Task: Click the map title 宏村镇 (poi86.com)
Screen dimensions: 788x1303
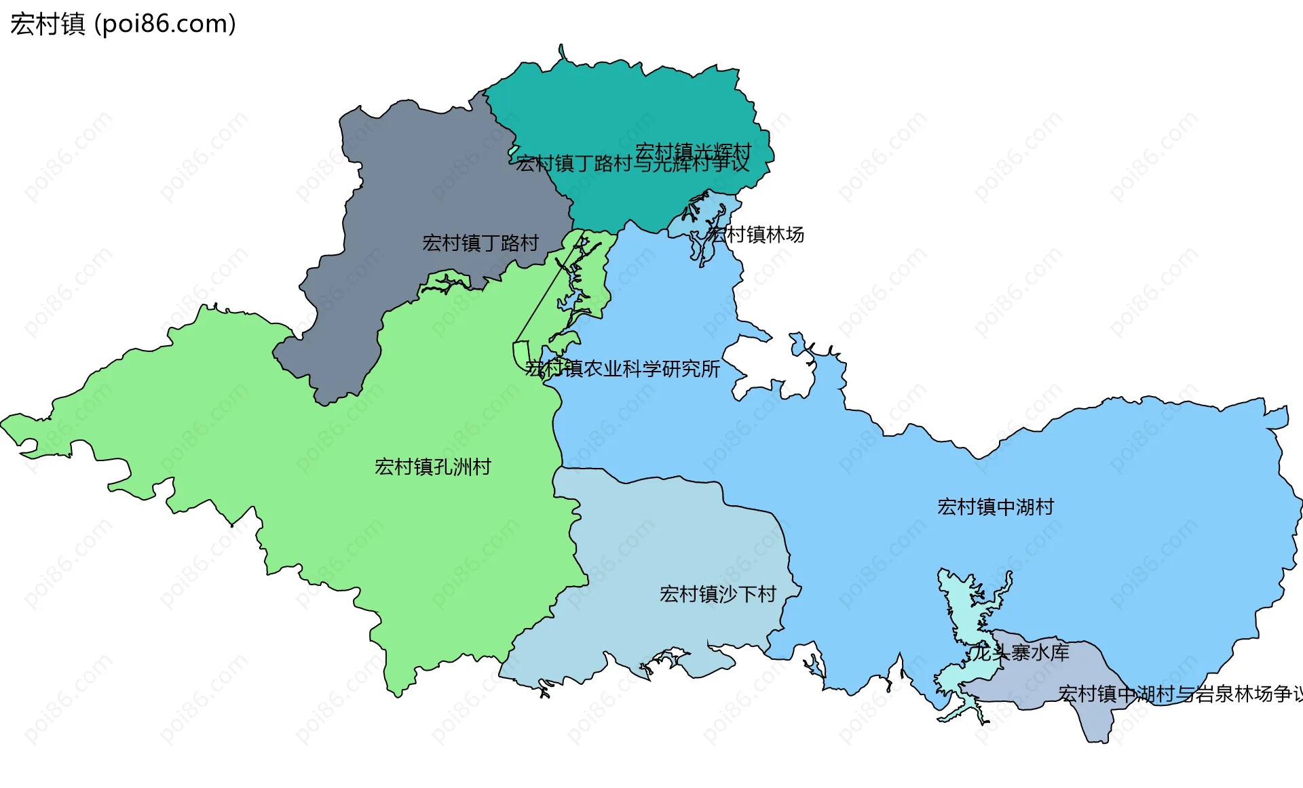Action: (122, 24)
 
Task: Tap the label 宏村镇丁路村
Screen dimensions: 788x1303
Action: (480, 243)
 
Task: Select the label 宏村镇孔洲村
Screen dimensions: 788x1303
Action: (432, 467)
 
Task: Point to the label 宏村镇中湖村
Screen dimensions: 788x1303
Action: (995, 507)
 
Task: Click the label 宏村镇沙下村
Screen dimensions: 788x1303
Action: (717, 594)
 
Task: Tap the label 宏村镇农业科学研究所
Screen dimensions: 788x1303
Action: (622, 369)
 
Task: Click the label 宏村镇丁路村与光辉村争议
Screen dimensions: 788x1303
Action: (632, 164)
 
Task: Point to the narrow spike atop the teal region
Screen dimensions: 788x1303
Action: (562, 52)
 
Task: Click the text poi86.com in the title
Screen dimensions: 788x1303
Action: (165, 24)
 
